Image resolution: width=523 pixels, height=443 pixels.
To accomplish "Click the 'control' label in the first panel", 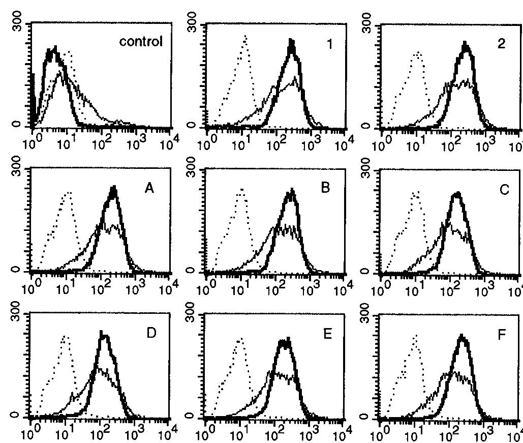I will point(141,42).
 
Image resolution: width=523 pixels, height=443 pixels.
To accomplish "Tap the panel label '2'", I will point(503,44).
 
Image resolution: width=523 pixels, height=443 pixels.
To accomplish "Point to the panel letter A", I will point(149,189).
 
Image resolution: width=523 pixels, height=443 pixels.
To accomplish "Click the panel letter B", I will point(325,187).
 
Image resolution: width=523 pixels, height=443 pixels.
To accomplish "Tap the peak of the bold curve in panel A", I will point(113,188).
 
